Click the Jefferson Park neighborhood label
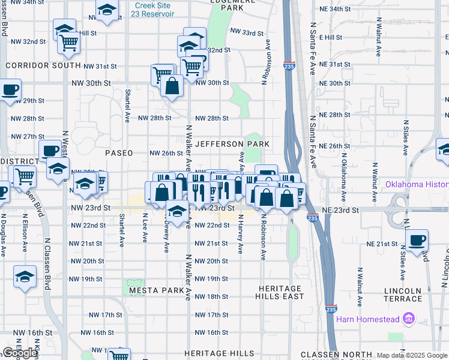[x=232, y=144]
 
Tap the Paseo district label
[x=119, y=153]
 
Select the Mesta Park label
[x=156, y=290]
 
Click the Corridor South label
[x=43, y=65]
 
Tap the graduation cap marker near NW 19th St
[x=25, y=277]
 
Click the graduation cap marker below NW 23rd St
[x=176, y=211]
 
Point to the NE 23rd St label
[x=340, y=211]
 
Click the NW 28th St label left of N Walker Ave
[x=155, y=118]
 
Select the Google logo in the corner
[x=20, y=353]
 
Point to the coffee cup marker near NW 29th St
[x=9, y=90]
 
